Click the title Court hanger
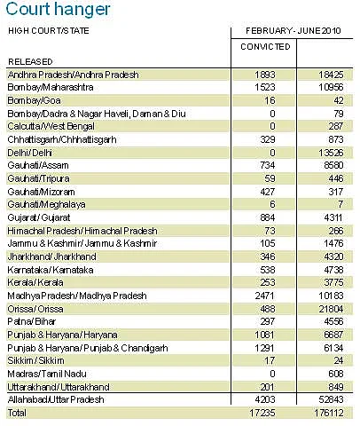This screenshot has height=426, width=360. (x=58, y=10)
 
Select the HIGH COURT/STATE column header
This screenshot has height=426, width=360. (x=49, y=31)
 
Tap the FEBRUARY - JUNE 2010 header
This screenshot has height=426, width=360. (x=293, y=31)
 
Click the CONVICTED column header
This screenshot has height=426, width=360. (x=265, y=47)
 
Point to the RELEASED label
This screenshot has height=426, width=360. (x=30, y=62)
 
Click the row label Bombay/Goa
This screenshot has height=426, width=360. (x=34, y=100)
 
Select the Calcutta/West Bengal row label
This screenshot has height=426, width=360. (x=51, y=126)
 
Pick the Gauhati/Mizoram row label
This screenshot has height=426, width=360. (x=41, y=192)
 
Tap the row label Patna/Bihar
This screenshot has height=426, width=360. (x=32, y=321)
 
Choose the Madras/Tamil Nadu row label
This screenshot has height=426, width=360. (x=47, y=374)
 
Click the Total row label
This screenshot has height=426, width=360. (x=17, y=413)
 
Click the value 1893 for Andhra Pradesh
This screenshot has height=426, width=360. (x=265, y=75)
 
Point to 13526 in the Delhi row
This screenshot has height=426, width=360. (x=331, y=153)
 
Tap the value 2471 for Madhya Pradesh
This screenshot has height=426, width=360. (x=265, y=296)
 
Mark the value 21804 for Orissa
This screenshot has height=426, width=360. (x=331, y=309)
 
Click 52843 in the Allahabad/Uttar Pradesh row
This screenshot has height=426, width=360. (x=331, y=399)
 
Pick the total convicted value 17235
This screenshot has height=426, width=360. (x=262, y=413)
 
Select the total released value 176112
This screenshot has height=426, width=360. (x=329, y=413)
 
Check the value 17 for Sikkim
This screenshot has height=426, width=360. (x=270, y=360)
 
